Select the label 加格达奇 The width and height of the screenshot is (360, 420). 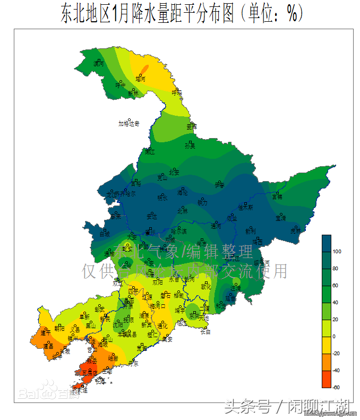[x=129, y=124]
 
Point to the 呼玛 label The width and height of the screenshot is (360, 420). [x=177, y=92]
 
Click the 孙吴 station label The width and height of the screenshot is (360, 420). [x=190, y=145]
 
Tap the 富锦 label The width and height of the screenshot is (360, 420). [x=277, y=196]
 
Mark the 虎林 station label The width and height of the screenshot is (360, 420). [x=295, y=231]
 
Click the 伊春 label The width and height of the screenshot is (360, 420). [x=220, y=185]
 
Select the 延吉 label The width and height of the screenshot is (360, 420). [x=230, y=298]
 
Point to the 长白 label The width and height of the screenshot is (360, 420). [x=205, y=332]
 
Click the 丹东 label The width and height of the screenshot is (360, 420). [x=132, y=364]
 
